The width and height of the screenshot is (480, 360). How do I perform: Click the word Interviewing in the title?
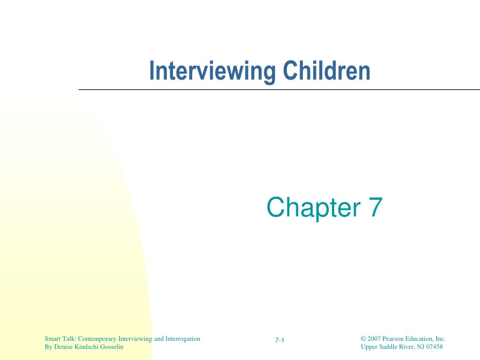click(x=213, y=71)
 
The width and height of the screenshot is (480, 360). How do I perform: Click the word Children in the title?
click(x=327, y=71)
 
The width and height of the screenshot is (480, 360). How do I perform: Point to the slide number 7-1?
click(x=280, y=340)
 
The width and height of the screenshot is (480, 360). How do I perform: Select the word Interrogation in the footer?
click(x=183, y=338)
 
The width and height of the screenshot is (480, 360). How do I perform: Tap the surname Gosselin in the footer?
click(x=111, y=347)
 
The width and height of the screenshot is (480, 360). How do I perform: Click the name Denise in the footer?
click(x=62, y=347)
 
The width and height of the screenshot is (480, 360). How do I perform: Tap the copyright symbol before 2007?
click(x=363, y=338)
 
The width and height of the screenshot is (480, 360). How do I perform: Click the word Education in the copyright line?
click(x=420, y=338)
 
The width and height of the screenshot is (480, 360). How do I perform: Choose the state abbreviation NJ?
click(x=417, y=347)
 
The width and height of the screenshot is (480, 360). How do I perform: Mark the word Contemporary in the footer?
click(x=98, y=338)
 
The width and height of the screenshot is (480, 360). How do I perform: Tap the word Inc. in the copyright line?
click(x=440, y=338)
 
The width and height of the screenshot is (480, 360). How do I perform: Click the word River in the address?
click(x=403, y=347)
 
